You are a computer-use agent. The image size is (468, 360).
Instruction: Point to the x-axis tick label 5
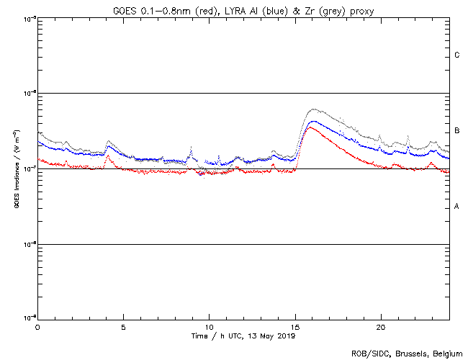tap(123, 326)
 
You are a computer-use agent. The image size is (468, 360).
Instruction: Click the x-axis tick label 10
tap(209, 326)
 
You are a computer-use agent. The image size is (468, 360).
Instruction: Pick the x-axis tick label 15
tap(295, 326)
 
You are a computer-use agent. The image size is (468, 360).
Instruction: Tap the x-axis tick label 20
tap(381, 326)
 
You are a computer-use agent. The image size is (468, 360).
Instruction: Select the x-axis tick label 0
tap(37, 326)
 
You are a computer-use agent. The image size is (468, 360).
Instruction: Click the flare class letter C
tap(457, 55)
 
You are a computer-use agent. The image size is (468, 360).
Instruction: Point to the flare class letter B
tap(457, 131)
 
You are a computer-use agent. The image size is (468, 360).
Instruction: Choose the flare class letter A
tap(457, 207)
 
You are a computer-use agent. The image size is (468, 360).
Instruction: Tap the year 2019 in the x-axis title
tap(287, 336)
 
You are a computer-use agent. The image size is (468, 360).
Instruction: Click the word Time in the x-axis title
tap(199, 336)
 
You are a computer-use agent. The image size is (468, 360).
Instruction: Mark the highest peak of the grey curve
tap(312, 109)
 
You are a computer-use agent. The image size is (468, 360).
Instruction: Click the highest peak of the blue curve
tap(312, 122)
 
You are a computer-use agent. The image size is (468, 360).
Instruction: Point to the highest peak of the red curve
tap(310, 127)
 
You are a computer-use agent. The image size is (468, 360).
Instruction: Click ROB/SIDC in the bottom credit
tap(368, 354)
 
